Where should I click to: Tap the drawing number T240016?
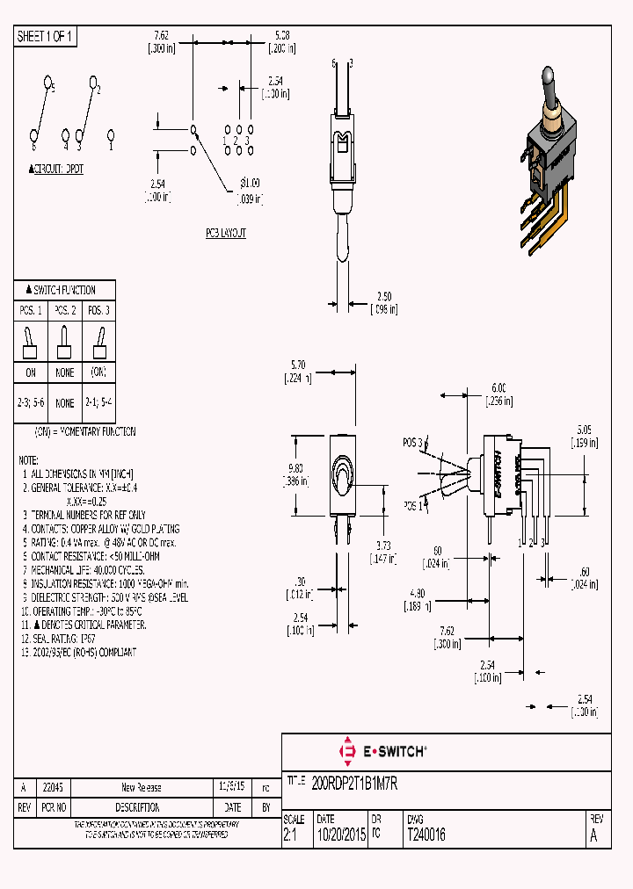click(426, 835)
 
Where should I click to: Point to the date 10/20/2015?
click(340, 835)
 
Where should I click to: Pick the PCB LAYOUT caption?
click(226, 233)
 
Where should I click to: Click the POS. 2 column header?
click(65, 310)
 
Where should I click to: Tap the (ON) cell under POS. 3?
click(98, 372)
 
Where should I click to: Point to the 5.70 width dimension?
click(299, 365)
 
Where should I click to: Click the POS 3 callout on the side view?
click(413, 442)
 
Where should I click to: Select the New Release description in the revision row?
click(141, 788)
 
